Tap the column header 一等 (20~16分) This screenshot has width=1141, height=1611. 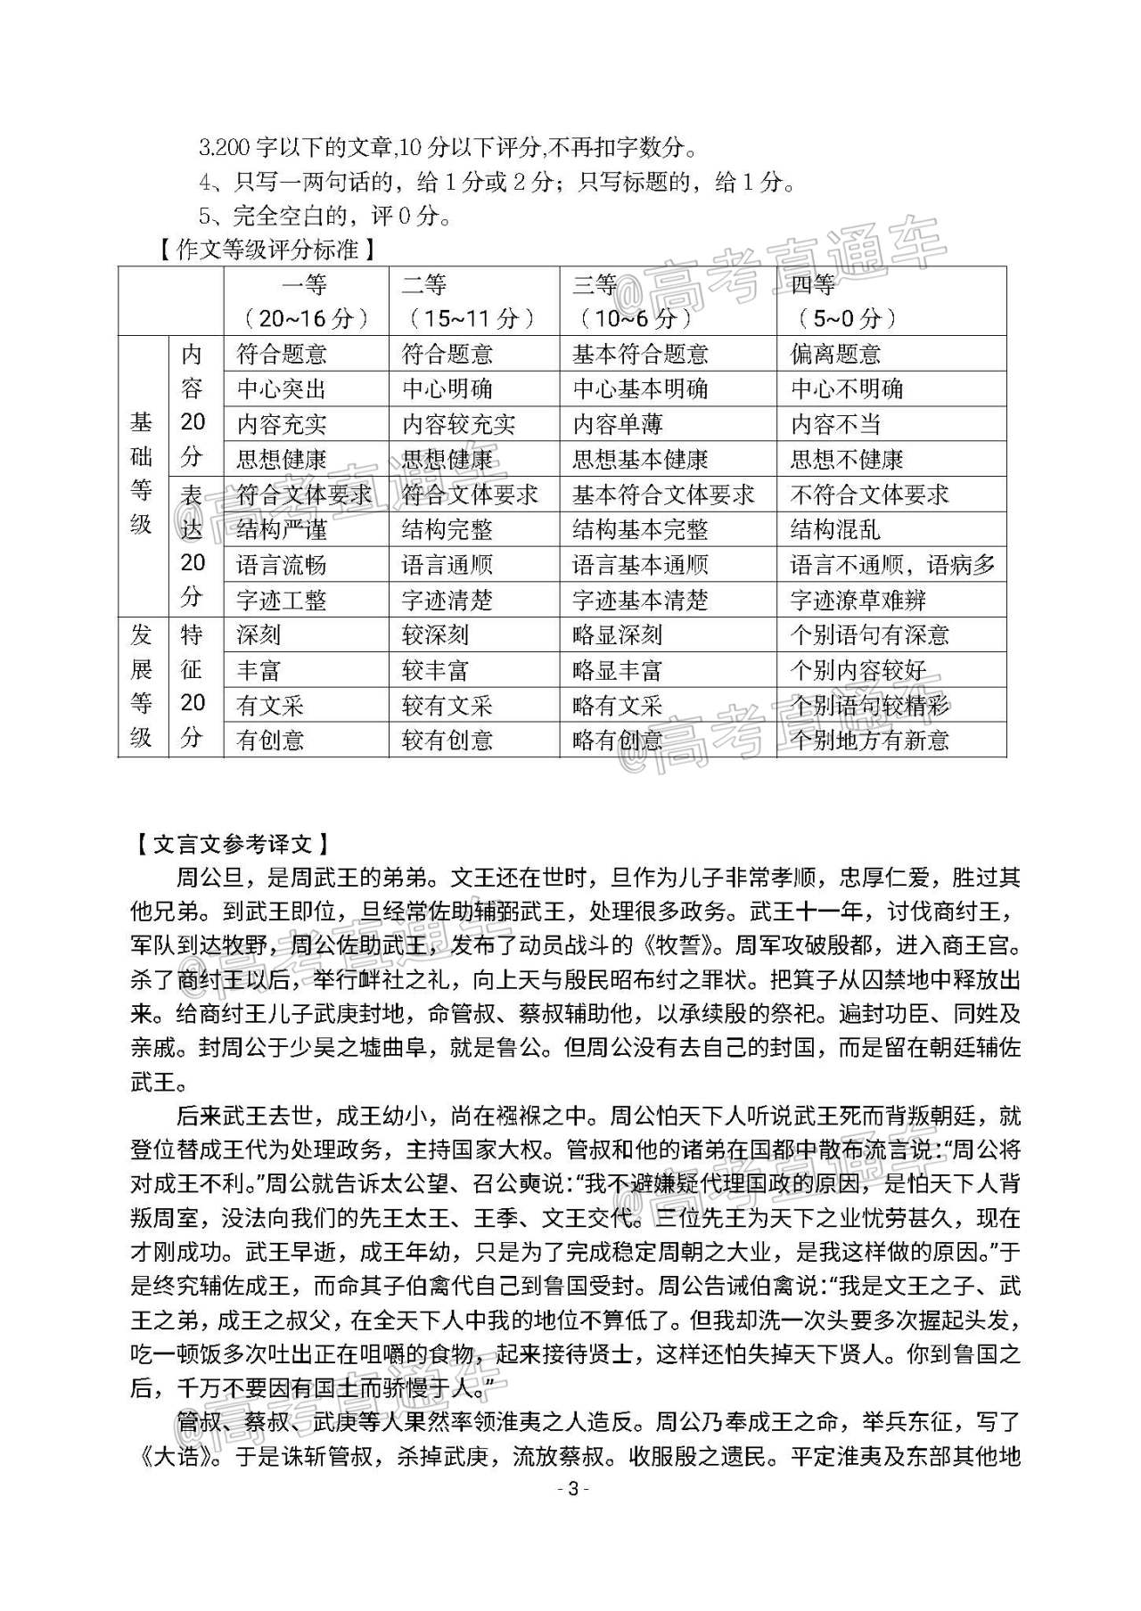click(x=306, y=301)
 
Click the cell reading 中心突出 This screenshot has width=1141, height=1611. click(x=277, y=389)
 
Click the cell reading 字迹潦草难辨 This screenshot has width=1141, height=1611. click(x=858, y=601)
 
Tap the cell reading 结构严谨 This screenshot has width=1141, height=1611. click(x=282, y=530)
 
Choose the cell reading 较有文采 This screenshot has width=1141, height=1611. click(x=447, y=706)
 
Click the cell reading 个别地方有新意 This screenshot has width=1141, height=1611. click(x=870, y=740)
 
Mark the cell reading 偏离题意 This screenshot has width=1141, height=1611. click(x=835, y=355)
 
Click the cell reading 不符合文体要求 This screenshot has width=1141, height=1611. click(x=870, y=495)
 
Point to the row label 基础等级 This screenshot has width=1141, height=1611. click(x=142, y=475)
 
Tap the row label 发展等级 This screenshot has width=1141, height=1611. click(x=142, y=687)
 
